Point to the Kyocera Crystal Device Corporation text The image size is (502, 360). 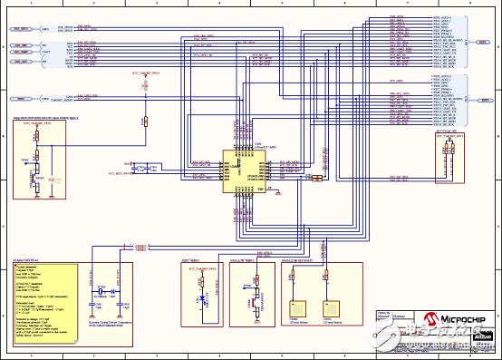pyautogui.click(x=113, y=323)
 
